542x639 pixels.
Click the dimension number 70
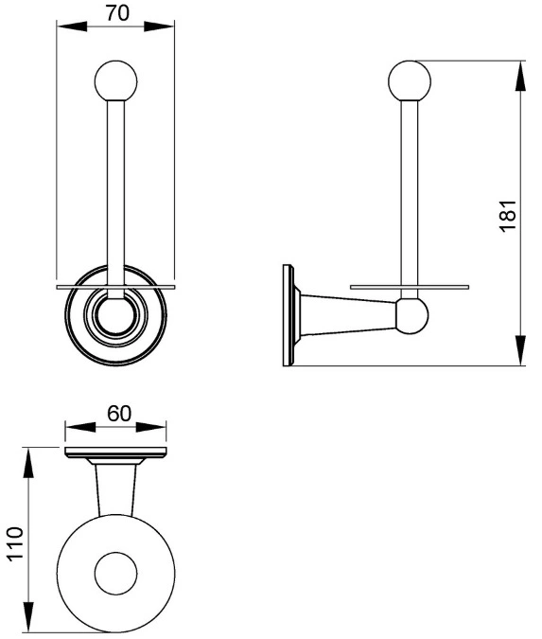pyautogui.click(x=117, y=12)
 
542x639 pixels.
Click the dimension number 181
pyautogui.click(x=508, y=216)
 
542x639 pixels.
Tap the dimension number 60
pyautogui.click(x=119, y=414)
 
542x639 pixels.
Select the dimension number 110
pyautogui.click(x=15, y=544)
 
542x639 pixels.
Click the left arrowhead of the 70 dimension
pyautogui.click(x=72, y=27)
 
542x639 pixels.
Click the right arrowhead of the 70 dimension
pyautogui.click(x=159, y=27)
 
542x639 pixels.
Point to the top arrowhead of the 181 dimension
pyautogui.click(x=521, y=77)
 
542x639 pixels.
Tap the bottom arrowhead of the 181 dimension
pyautogui.click(x=521, y=350)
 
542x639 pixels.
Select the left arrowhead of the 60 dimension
pyautogui.click(x=80, y=427)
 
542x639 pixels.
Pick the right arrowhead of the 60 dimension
pyautogui.click(x=151, y=427)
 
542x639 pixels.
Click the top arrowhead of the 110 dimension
pyautogui.click(x=28, y=463)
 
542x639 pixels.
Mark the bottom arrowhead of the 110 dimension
pyautogui.click(x=28, y=616)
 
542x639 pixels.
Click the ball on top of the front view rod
pyautogui.click(x=116, y=81)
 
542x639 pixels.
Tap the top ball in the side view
pyautogui.click(x=410, y=80)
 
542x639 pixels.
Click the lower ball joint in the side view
pyautogui.click(x=411, y=316)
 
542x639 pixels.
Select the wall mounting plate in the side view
pyautogui.click(x=288, y=315)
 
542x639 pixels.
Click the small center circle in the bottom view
pyautogui.click(x=116, y=574)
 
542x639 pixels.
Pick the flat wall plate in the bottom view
pyautogui.click(x=116, y=453)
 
